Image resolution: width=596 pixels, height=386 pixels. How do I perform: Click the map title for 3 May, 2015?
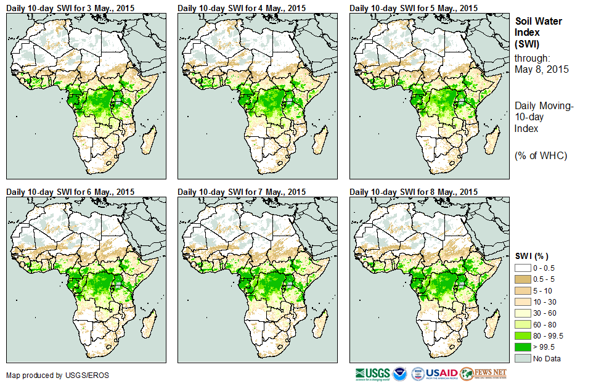click(70, 7)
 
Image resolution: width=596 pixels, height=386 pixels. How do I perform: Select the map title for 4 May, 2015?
click(242, 7)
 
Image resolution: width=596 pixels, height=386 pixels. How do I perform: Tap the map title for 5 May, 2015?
click(414, 7)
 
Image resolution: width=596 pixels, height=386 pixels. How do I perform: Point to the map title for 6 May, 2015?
click(70, 192)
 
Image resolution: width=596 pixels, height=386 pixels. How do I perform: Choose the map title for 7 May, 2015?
click(242, 192)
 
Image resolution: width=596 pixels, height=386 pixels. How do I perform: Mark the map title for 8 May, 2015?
click(414, 192)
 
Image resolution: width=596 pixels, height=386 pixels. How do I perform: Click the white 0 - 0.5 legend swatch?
click(523, 268)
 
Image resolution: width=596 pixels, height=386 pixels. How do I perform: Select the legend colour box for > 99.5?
click(523, 347)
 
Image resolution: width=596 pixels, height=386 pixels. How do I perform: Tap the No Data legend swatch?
click(523, 358)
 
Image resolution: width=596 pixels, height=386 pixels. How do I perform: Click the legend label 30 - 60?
click(545, 313)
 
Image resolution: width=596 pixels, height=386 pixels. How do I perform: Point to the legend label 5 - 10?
click(543, 290)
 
